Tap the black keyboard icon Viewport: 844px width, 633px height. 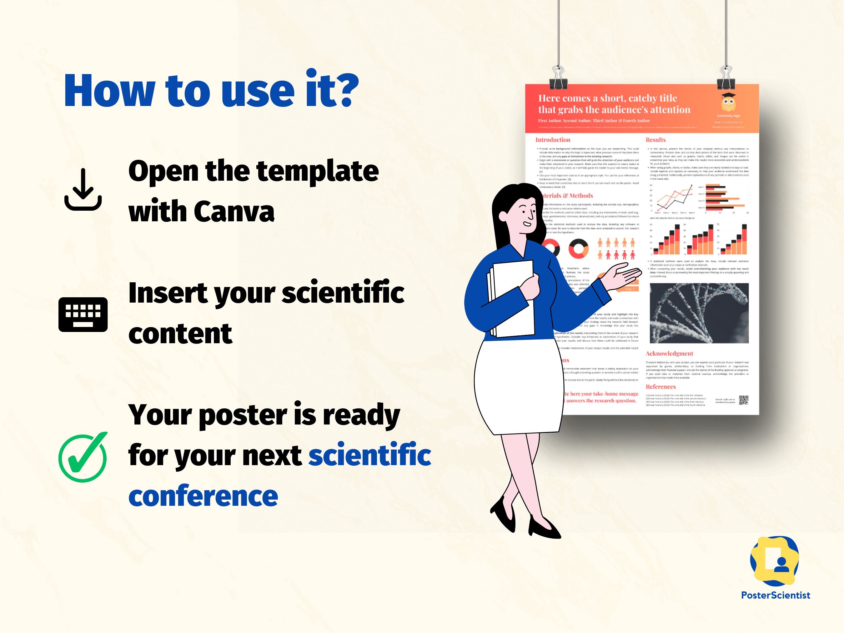(83, 314)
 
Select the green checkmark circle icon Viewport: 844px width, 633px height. (83, 457)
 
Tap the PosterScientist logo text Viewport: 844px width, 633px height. (775, 595)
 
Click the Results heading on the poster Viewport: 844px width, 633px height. (656, 140)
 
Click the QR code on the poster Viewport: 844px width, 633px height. (744, 400)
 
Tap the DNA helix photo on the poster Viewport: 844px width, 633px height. (699, 313)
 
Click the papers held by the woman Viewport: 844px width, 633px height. (511, 299)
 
